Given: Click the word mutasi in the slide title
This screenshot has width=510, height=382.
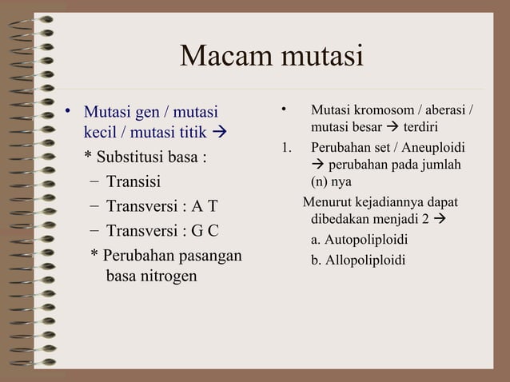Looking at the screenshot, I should coord(320,57).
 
